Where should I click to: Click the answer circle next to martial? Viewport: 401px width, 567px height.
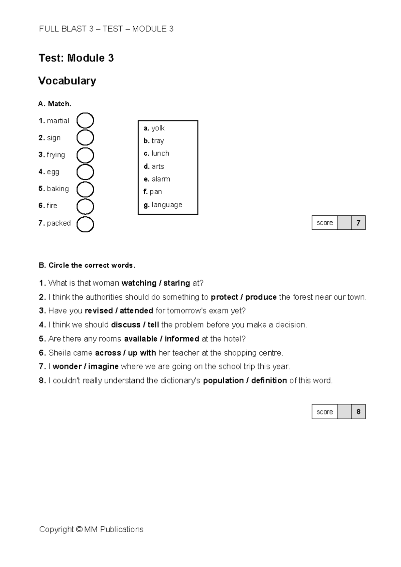pyautogui.click(x=85, y=121)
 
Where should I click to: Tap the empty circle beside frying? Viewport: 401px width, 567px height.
pyautogui.click(x=85, y=155)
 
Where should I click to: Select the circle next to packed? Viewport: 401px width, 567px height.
pyautogui.click(x=85, y=224)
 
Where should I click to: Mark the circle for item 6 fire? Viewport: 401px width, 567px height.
pyautogui.click(x=85, y=207)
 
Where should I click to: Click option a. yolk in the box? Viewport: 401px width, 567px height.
pyautogui.click(x=154, y=128)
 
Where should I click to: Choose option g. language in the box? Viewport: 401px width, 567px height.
pyautogui.click(x=163, y=205)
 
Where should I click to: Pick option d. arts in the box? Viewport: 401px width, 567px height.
pyautogui.click(x=154, y=166)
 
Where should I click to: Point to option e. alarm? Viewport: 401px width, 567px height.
pyautogui.click(x=157, y=179)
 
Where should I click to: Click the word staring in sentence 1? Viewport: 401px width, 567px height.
pyautogui.click(x=177, y=283)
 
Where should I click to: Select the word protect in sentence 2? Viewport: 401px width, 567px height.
pyautogui.click(x=224, y=297)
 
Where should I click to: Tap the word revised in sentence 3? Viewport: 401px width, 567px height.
pyautogui.click(x=99, y=311)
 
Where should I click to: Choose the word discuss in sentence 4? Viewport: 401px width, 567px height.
pyautogui.click(x=126, y=325)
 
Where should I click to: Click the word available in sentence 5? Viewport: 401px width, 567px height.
pyautogui.click(x=140, y=339)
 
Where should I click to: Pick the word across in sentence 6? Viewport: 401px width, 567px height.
pyautogui.click(x=108, y=353)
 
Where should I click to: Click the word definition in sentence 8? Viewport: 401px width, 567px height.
pyautogui.click(x=269, y=381)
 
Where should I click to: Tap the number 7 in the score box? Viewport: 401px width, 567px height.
pyautogui.click(x=358, y=223)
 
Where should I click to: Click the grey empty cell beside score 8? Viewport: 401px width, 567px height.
pyautogui.click(x=344, y=412)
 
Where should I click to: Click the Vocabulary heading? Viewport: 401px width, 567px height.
pyautogui.click(x=67, y=81)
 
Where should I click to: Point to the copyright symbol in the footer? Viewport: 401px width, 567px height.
pyautogui.click(x=79, y=530)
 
